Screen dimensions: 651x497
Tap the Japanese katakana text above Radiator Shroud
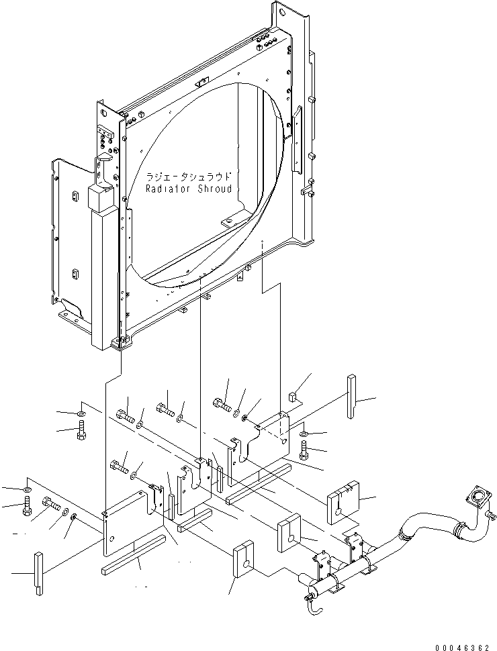click(x=189, y=178)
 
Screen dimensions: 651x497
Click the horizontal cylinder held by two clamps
click(x=349, y=574)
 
